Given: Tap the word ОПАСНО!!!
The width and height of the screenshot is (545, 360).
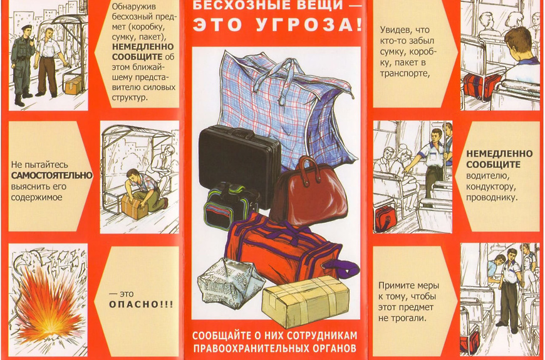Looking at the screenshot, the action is (x=141, y=304).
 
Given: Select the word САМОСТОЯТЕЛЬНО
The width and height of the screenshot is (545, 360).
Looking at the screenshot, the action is (x=52, y=175).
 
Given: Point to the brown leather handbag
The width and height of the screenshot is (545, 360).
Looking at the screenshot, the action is (x=309, y=193).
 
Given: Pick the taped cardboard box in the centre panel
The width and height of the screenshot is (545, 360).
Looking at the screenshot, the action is (x=306, y=301).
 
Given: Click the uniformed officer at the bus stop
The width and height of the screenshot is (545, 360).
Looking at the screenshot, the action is (x=23, y=65).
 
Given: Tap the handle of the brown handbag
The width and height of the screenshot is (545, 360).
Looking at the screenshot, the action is (x=306, y=166).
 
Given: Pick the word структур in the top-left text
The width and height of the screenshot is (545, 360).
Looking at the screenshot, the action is (x=130, y=98).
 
